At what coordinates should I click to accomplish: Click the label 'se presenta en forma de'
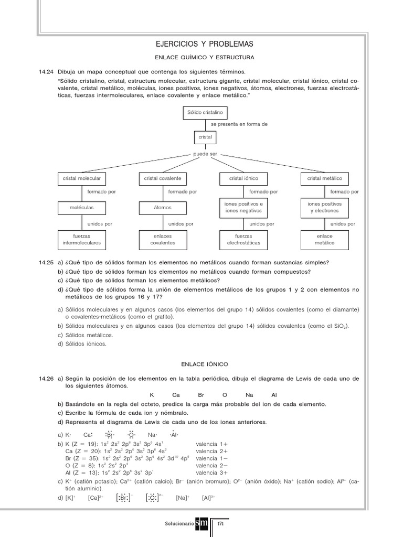click(x=239, y=124)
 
